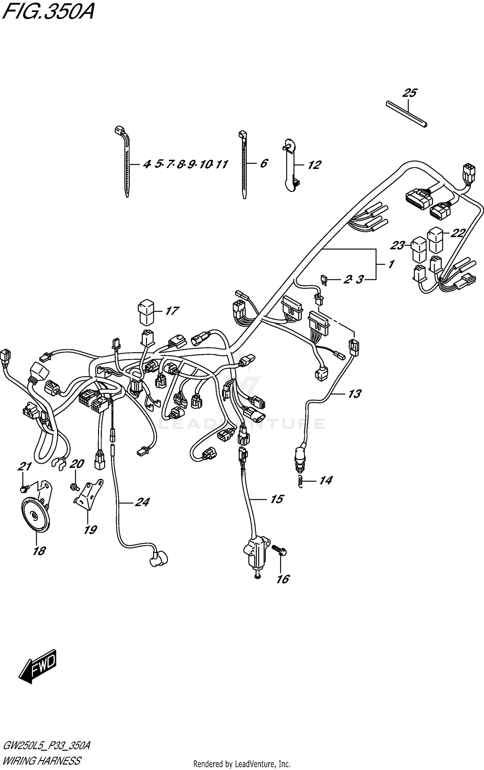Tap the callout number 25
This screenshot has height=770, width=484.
pyautogui.click(x=409, y=93)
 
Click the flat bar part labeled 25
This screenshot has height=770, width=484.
pyautogui.click(x=407, y=114)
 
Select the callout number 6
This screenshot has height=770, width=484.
pyautogui.click(x=264, y=163)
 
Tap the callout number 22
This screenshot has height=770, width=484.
pyautogui.click(x=457, y=233)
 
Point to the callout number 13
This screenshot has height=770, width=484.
pyautogui.click(x=354, y=394)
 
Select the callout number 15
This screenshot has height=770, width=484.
pyautogui.click(x=277, y=499)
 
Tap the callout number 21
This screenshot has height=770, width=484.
pyautogui.click(x=25, y=467)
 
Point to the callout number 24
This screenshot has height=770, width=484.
pyautogui.click(x=142, y=502)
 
